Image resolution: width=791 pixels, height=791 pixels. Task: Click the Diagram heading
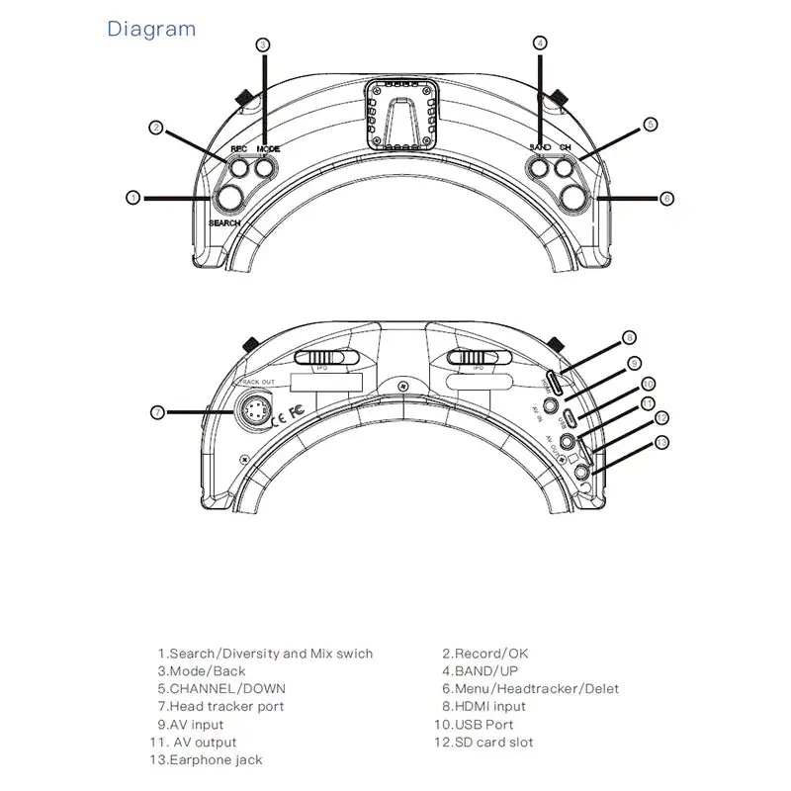coord(151,29)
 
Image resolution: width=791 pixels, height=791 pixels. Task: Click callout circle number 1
coord(132,198)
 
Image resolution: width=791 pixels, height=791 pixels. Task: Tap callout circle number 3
coord(263,44)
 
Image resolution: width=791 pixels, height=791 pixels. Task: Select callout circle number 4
coord(540,43)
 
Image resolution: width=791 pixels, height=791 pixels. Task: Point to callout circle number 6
coord(666,199)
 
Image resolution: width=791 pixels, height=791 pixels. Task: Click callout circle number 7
coord(156,411)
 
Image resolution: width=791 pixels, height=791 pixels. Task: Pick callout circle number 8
coord(630,338)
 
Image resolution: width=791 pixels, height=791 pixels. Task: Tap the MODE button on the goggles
coord(263,168)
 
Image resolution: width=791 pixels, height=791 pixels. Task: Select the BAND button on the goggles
coord(540,168)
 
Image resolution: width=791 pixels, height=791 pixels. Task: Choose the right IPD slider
coord(478,357)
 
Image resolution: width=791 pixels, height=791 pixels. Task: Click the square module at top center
coord(401,115)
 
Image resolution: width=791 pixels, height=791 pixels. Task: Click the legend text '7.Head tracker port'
coord(220,706)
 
